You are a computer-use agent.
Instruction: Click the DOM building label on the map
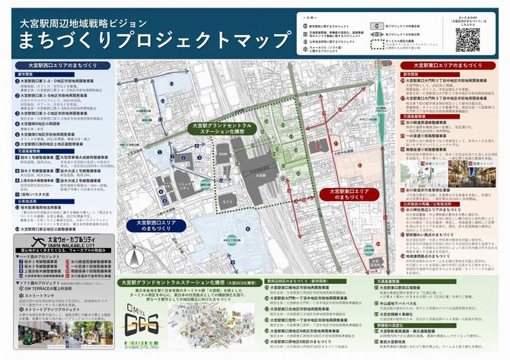click(x=223, y=155)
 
